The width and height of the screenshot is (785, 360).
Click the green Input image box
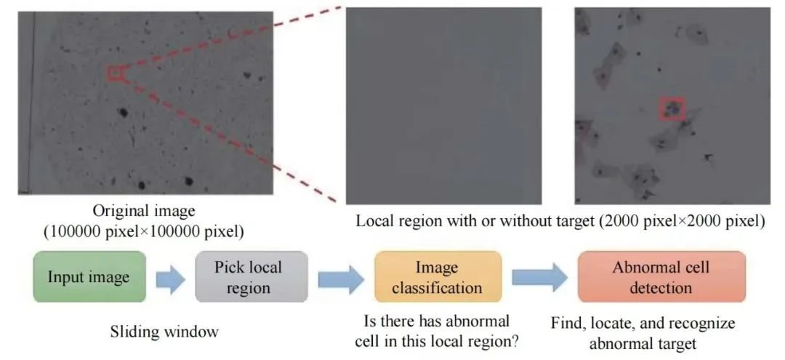coord(89,276)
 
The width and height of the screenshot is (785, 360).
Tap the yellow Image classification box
coord(438,276)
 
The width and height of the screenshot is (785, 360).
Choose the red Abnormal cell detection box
coord(661,276)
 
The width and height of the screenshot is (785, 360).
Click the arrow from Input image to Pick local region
coord(171,279)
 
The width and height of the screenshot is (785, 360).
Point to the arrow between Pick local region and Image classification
coord(341,279)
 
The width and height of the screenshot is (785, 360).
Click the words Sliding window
coord(164,332)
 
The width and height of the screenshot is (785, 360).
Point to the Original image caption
coord(144,221)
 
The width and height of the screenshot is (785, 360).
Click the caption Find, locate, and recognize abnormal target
coord(643,332)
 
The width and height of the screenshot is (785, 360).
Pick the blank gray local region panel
coord(443,105)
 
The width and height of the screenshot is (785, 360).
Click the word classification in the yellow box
coord(437,288)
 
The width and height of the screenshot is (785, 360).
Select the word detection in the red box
coord(661,288)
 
